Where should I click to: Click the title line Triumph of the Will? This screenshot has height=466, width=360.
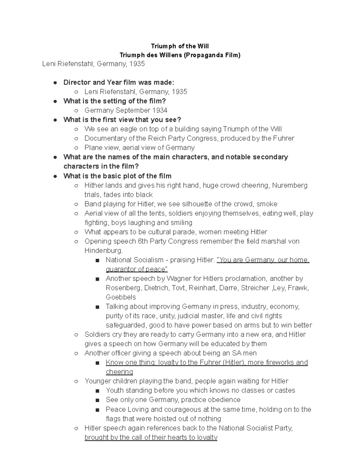pyautogui.click(x=180, y=46)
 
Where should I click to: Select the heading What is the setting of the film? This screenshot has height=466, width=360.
pyautogui.click(x=115, y=101)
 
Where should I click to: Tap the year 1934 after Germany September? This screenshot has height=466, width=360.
pyautogui.click(x=160, y=110)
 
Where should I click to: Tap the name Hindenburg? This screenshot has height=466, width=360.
pyautogui.click(x=103, y=251)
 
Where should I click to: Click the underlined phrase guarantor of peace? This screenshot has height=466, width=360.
pyautogui.click(x=136, y=269)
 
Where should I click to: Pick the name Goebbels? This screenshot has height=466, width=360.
pyautogui.click(x=121, y=297)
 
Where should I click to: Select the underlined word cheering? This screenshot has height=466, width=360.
pyautogui.click(x=119, y=372)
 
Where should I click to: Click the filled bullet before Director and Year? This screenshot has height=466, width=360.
pyautogui.click(x=55, y=83)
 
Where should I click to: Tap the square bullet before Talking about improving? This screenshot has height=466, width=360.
pyautogui.click(x=97, y=307)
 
